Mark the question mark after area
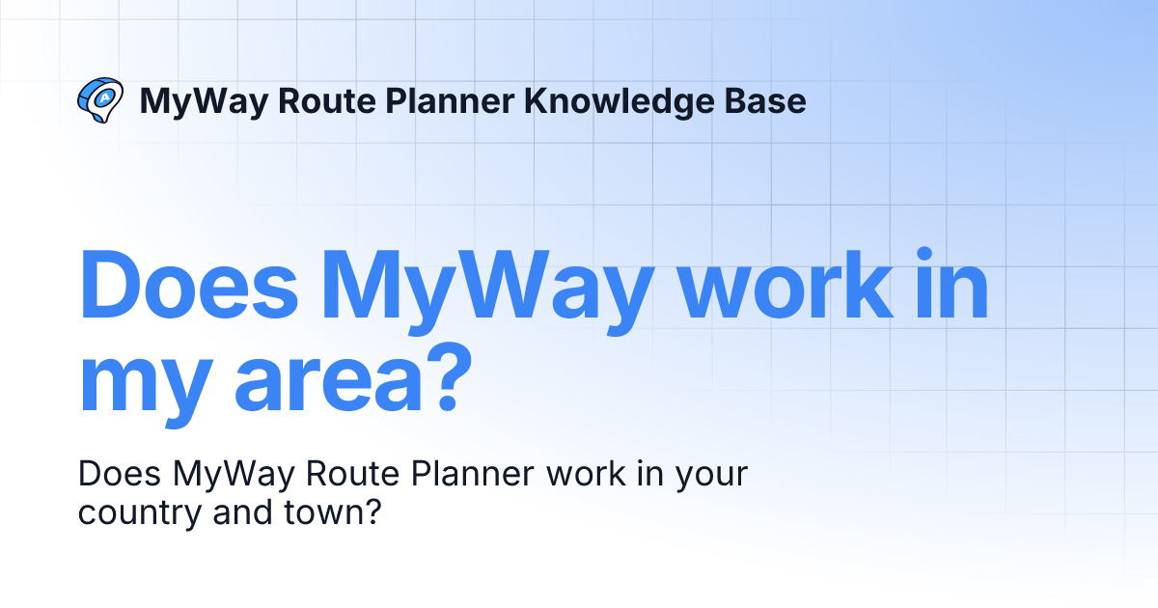(x=435, y=378)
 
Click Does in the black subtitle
(x=120, y=476)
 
